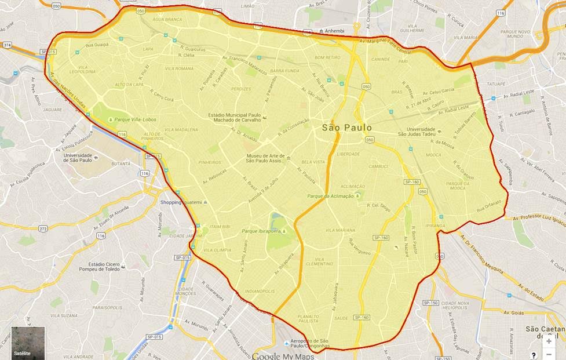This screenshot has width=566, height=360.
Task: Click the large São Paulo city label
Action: coord(347,128)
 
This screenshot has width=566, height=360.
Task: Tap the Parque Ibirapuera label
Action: coord(269,231)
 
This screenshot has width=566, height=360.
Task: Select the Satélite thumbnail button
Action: coord(28,343)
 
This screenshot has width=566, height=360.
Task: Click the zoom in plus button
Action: coord(549,341)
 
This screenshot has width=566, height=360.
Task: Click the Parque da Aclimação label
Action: coord(331,196)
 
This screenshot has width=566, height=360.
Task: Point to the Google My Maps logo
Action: coord(283,355)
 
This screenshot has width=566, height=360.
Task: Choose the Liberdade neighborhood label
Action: coord(347,154)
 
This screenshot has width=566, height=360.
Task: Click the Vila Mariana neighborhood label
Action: coord(340,230)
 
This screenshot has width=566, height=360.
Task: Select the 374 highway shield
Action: coord(7,44)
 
